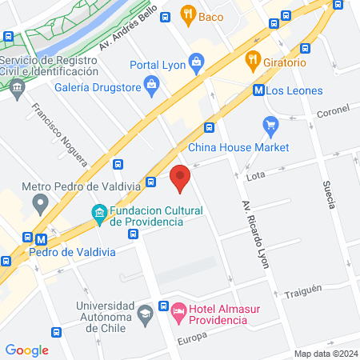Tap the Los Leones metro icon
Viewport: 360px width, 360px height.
tap(259, 90)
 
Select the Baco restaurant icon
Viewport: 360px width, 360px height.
tap(188, 13)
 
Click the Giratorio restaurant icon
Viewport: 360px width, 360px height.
tap(253, 58)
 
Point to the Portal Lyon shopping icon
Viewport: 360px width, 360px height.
tap(196, 62)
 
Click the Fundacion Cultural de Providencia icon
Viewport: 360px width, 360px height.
tap(99, 214)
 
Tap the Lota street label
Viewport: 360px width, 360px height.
tap(256, 174)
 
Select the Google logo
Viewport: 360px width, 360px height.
tap(27, 350)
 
